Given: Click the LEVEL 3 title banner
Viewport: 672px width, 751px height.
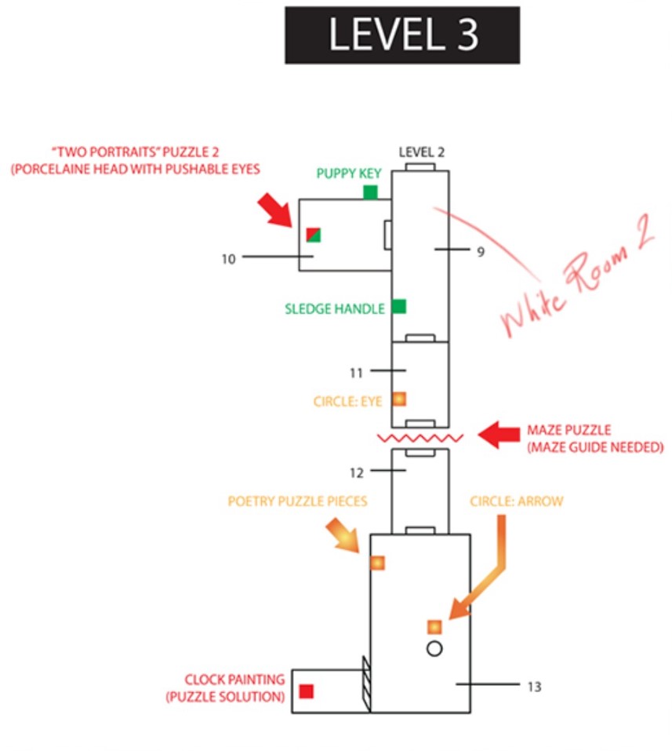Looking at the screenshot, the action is point(402,35).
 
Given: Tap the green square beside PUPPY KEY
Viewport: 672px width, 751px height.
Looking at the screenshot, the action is point(370,192).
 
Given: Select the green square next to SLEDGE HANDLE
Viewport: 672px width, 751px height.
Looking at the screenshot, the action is point(398,307).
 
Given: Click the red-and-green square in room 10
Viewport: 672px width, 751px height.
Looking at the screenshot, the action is point(314,235).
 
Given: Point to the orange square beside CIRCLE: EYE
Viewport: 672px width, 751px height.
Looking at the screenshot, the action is point(399,399).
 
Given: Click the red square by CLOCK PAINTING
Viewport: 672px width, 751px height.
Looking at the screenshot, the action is point(307,691).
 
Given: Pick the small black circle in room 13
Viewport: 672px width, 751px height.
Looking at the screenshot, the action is point(434,648).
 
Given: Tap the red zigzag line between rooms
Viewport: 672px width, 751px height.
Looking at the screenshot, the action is point(420,438).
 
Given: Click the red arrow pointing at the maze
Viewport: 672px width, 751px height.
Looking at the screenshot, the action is point(499,435).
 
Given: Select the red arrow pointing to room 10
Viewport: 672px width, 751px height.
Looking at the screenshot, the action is point(274,210).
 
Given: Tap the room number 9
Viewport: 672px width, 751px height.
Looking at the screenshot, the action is point(481,251).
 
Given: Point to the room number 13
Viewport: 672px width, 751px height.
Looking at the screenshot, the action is point(534,687).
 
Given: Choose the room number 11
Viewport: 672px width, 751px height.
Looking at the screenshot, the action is point(356,373).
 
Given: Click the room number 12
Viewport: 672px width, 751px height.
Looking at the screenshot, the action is point(356,473).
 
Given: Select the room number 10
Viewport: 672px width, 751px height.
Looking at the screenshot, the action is point(228,259).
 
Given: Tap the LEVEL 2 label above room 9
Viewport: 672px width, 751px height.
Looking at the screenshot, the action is point(422,152).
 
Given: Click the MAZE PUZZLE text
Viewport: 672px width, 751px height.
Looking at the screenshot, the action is point(568,429).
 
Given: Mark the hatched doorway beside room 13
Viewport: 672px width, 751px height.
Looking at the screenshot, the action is point(367,684).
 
